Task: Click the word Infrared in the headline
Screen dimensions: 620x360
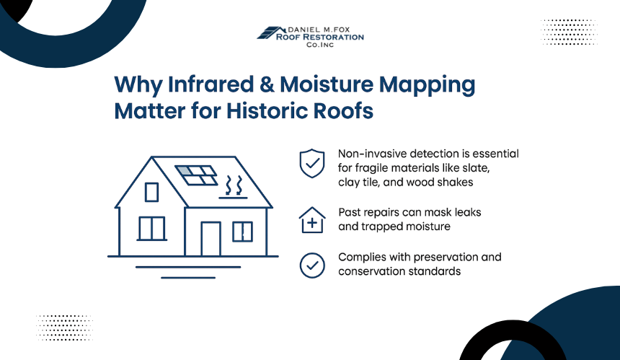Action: pos(211,84)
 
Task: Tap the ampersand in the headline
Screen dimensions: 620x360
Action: pos(267,84)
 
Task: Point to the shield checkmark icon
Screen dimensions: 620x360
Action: pos(312,163)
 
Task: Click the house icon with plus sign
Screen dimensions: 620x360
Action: pos(312,220)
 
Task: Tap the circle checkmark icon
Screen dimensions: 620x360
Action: pos(312,265)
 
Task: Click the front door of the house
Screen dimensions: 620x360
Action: pos(211,239)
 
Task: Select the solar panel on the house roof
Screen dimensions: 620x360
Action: pos(196,175)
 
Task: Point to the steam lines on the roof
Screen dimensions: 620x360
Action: pos(234,186)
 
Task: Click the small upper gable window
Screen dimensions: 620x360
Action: pos(152,192)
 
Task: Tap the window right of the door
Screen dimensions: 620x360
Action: pos(242,232)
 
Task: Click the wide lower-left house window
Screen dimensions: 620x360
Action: pos(152,228)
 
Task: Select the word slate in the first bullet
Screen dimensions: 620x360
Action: pos(477,168)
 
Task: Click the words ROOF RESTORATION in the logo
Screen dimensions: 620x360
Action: pos(320,38)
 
